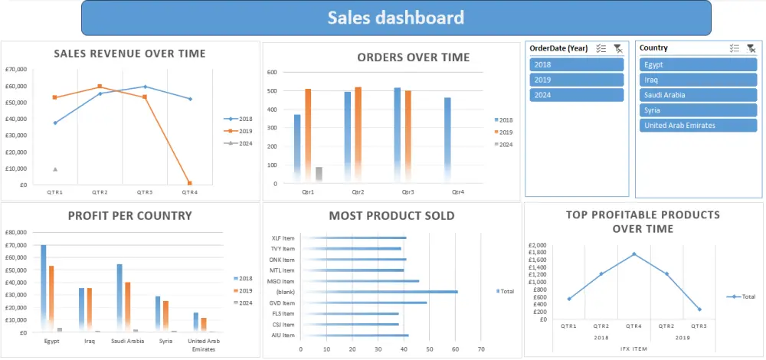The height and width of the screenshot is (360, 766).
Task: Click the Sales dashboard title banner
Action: pos(396,18)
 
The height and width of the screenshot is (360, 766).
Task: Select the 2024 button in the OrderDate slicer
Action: pos(577,95)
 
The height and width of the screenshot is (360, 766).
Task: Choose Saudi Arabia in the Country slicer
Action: pos(698,95)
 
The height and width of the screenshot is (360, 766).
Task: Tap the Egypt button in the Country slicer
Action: pos(698,64)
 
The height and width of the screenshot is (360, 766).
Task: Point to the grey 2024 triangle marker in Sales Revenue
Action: pos(55,169)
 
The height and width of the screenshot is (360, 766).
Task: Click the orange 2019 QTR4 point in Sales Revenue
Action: pos(189,183)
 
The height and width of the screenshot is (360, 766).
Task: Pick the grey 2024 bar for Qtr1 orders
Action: pos(319,174)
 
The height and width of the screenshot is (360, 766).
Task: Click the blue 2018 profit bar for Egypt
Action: pos(44,288)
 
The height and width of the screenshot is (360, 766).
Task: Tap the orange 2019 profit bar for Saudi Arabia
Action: pos(127,306)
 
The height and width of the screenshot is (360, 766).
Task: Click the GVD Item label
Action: pos(283,303)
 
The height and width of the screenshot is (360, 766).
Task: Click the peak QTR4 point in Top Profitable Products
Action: pos(633,254)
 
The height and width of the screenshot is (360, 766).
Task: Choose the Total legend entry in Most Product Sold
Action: pos(506,292)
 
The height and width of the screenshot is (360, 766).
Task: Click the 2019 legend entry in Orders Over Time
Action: pos(504,132)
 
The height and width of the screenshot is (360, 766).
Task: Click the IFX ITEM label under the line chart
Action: pos(633,348)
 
